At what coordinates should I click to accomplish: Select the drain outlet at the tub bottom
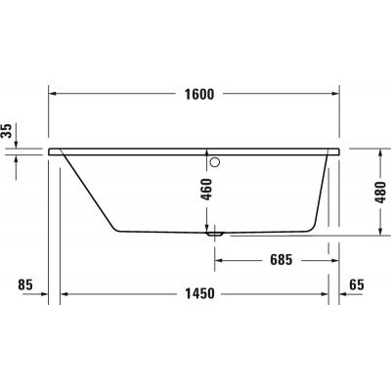pos(216,234)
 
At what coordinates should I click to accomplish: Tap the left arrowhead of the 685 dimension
pos(221,261)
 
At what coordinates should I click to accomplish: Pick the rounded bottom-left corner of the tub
pos(119,230)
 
